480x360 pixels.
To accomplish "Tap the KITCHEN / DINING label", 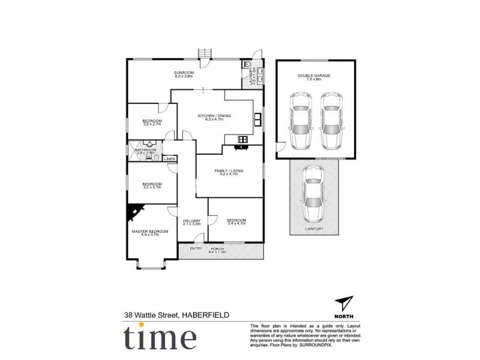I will pyautogui.click(x=214, y=116).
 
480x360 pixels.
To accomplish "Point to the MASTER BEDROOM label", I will pyautogui.click(x=150, y=231).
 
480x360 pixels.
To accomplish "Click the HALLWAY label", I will pyautogui.click(x=191, y=220).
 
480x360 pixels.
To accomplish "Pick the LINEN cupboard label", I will pyautogui.click(x=170, y=159).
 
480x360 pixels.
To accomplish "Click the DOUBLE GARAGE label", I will pyautogui.click(x=314, y=76).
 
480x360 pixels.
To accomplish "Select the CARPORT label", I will pyautogui.click(x=314, y=229).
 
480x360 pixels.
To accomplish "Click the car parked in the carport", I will pyautogui.click(x=314, y=193).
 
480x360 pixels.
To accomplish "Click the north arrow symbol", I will pyautogui.click(x=344, y=304).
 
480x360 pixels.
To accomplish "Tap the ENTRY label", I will pyautogui.click(x=196, y=248).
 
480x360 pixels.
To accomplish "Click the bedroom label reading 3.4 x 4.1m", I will pyautogui.click(x=236, y=221).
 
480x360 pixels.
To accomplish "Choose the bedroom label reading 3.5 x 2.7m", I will pyautogui.click(x=152, y=122).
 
